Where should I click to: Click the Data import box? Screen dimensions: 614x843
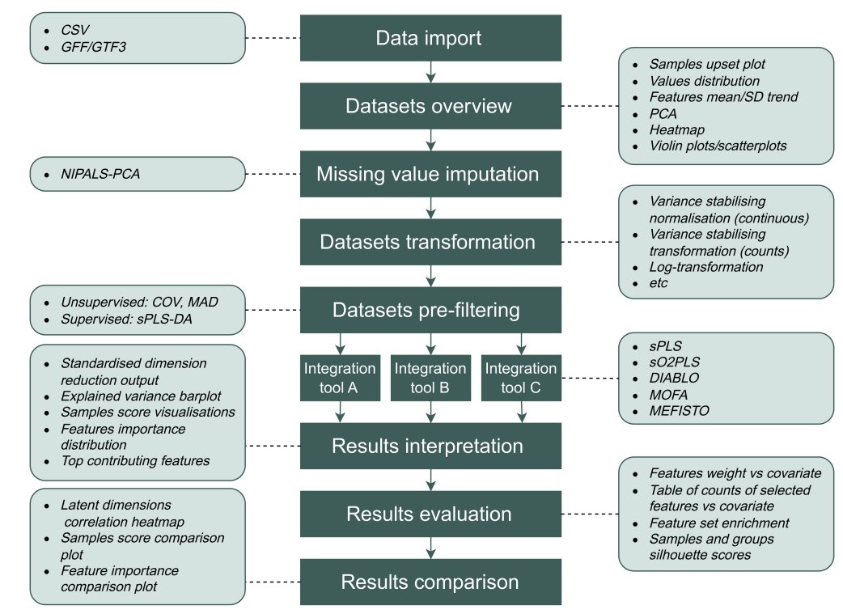430,38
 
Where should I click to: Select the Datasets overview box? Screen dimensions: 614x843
430,106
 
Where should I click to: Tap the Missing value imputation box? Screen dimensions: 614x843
430,174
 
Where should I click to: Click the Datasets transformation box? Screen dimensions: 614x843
430,242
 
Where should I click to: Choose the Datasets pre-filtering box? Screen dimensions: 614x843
430,310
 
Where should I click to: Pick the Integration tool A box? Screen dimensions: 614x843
340,378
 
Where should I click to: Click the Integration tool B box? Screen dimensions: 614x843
430,378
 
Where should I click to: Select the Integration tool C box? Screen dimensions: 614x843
521,378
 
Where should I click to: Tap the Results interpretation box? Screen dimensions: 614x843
430,446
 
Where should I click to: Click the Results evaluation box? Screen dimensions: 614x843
430,514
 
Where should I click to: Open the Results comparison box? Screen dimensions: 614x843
430,582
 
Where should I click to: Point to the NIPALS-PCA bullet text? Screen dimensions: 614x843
100,172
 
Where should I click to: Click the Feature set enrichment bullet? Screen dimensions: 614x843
709,523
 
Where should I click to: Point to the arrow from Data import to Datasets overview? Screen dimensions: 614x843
430,73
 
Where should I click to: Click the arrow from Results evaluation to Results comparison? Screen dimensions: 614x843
430,548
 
